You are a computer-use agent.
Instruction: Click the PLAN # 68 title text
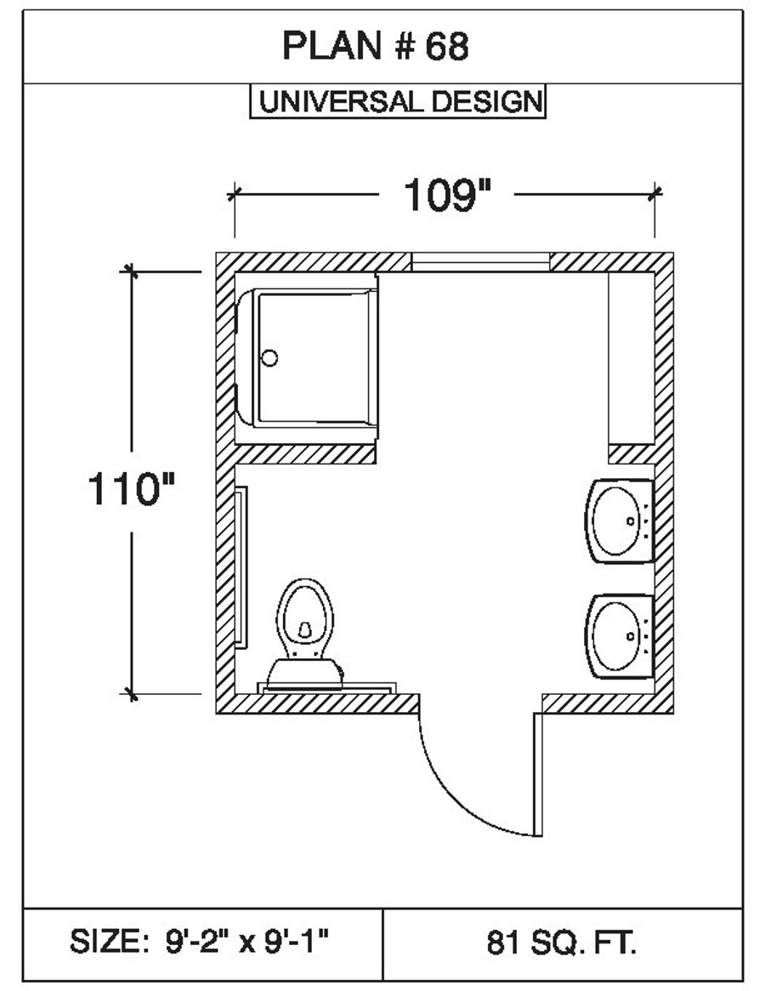coord(375,46)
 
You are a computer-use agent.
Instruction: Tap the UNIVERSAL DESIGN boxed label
coord(398,101)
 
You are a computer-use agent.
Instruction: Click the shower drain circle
coord(269,358)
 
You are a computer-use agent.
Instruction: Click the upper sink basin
coord(619,521)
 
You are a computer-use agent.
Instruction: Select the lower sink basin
coord(619,635)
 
